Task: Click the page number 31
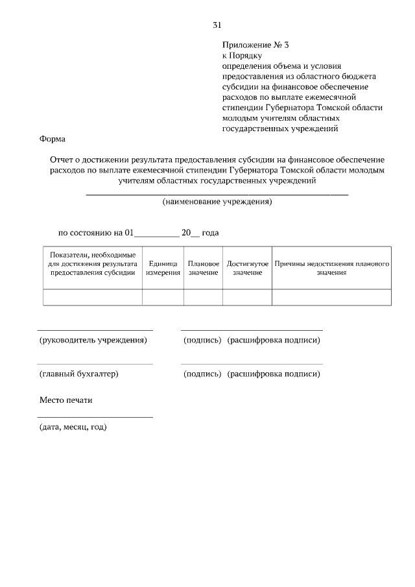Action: click(x=217, y=25)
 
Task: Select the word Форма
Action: click(x=53, y=139)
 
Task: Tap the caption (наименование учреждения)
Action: click(x=217, y=202)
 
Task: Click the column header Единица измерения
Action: click(x=163, y=269)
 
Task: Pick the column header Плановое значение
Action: click(x=203, y=269)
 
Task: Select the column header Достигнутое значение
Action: click(x=247, y=269)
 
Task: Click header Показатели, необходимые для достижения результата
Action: click(x=92, y=264)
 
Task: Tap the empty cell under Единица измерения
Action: click(x=163, y=297)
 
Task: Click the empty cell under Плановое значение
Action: click(x=203, y=297)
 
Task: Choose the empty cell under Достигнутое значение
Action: click(x=247, y=297)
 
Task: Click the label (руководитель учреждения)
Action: click(x=92, y=340)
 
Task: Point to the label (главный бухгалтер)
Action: click(x=78, y=374)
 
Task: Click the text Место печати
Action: click(x=65, y=400)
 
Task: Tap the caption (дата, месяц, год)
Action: click(x=73, y=427)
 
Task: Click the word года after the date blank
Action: click(x=211, y=232)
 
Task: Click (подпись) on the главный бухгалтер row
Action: click(x=202, y=374)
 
